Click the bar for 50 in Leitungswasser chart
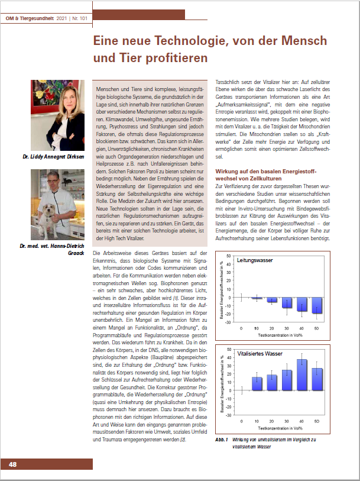pos(317,305)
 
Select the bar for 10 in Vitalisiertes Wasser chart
pos(257,384)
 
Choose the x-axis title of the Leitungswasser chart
pos(278,334)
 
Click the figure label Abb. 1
pos(222,441)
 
